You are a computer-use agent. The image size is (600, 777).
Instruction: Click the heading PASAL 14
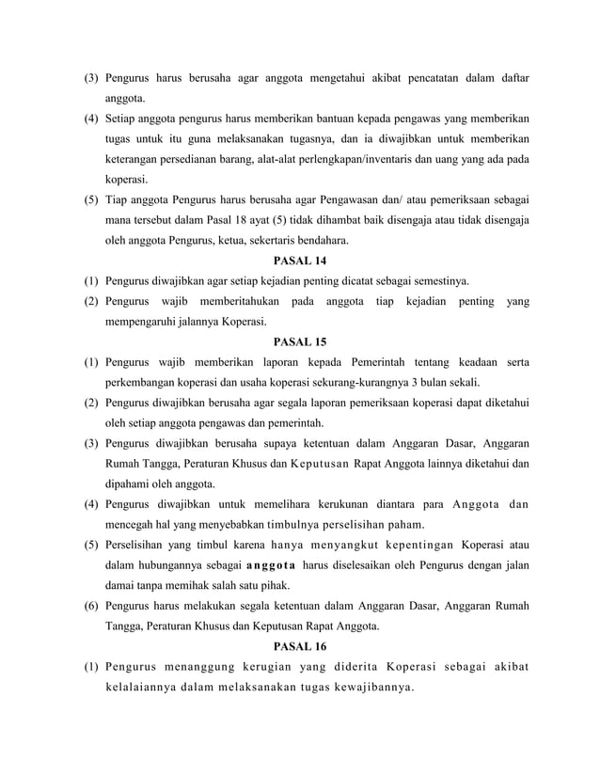(x=299, y=261)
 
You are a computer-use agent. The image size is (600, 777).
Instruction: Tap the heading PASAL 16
(x=299, y=646)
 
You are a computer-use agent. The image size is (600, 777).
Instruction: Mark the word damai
(x=120, y=585)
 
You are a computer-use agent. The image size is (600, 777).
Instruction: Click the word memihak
(x=192, y=585)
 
